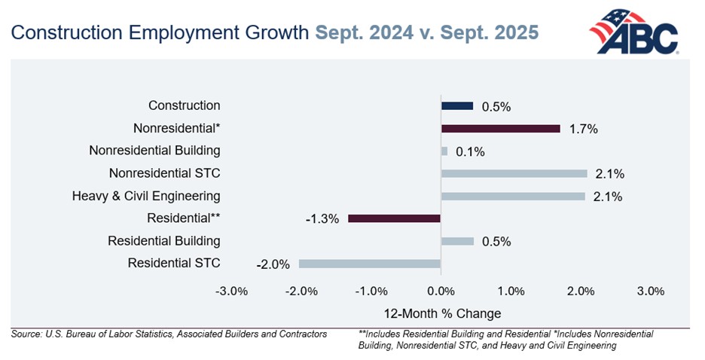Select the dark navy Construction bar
(x=457, y=106)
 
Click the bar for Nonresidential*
(x=501, y=129)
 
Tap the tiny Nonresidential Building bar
(x=444, y=151)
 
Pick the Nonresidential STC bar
(x=514, y=174)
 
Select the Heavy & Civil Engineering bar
(x=513, y=197)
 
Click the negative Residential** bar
(x=394, y=218)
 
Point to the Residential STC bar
(x=369, y=264)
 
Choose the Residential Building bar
(x=457, y=241)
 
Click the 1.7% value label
(x=583, y=129)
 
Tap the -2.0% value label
(x=273, y=264)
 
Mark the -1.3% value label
(x=323, y=219)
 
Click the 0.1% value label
(x=470, y=151)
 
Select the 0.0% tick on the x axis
(x=441, y=291)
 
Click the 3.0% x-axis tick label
(x=650, y=291)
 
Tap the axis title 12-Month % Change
(x=441, y=313)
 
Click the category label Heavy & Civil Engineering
(x=146, y=197)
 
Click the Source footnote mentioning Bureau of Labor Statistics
(x=169, y=334)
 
